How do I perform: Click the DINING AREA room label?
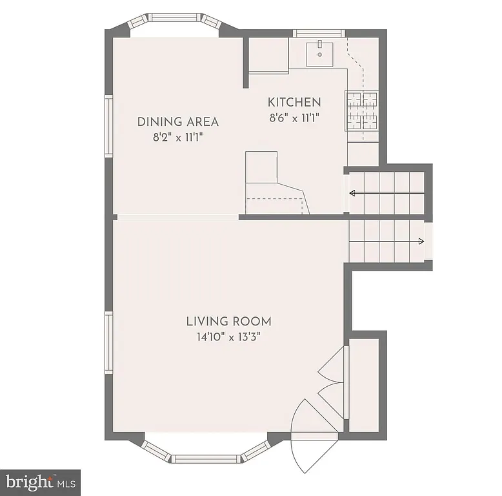[x=178, y=121]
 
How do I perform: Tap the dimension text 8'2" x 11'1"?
[x=178, y=137]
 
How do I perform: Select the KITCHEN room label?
[x=294, y=102]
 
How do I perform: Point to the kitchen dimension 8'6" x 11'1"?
[x=294, y=118]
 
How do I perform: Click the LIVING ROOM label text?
[x=228, y=321]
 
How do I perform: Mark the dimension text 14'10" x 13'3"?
[x=228, y=336]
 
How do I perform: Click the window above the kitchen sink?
[x=318, y=32]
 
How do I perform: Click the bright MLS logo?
[x=40, y=482]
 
